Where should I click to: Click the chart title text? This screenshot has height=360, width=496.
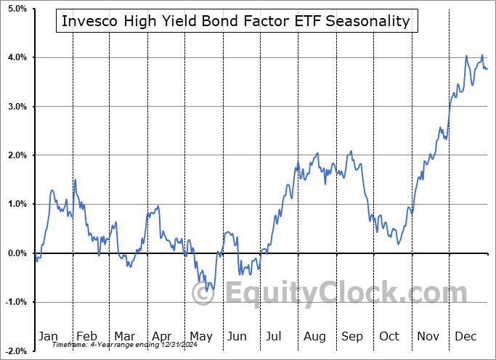coord(236,21)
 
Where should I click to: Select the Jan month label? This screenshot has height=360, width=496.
coord(48,336)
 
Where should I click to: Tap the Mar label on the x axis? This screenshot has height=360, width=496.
coord(124,336)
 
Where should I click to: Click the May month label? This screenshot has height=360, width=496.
coord(200,336)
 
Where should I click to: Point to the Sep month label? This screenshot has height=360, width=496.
coord(352,336)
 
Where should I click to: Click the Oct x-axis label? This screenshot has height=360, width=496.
coord(389,336)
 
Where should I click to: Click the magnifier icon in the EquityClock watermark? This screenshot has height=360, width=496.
coord(204,294)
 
